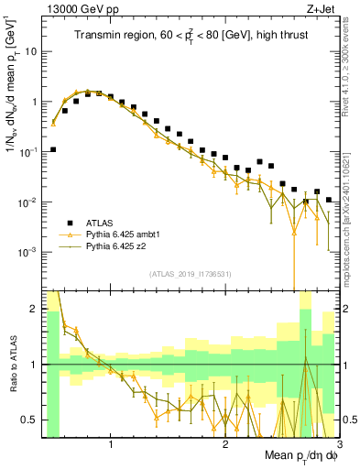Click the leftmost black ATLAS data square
(53, 149)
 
